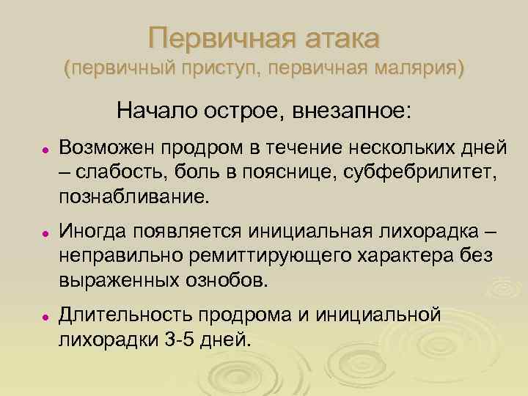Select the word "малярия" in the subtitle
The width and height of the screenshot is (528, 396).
coord(419,69)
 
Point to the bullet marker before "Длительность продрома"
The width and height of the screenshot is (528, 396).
coord(45,316)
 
